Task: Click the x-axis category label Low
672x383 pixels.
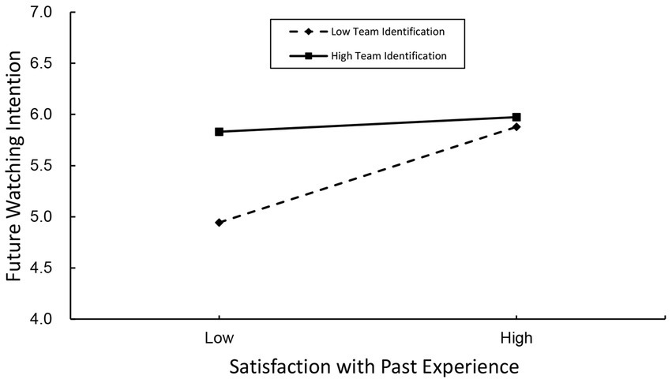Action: click(219, 338)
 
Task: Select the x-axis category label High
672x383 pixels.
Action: click(516, 338)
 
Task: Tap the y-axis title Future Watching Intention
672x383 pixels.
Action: click(14, 166)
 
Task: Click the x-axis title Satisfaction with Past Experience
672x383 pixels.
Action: click(374, 366)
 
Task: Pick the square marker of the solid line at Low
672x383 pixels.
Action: click(219, 132)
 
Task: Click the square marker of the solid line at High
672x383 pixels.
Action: click(516, 117)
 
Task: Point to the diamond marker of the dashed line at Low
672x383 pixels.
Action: click(219, 223)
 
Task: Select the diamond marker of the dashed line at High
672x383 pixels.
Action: click(516, 126)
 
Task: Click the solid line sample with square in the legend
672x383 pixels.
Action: click(308, 56)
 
